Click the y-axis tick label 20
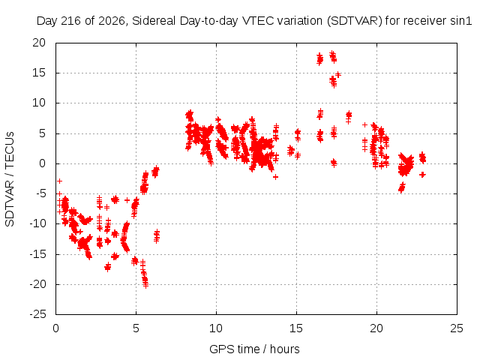click(x=39, y=43)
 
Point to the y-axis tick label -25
click(x=38, y=314)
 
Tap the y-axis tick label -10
click(x=38, y=223)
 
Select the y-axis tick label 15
click(x=39, y=73)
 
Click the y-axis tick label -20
click(x=38, y=284)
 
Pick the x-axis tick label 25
click(x=457, y=328)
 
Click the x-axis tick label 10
click(x=216, y=328)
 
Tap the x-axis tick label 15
click(x=296, y=328)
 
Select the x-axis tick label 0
click(x=55, y=328)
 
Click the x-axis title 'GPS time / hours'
click(x=254, y=349)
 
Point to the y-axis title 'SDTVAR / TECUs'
click(x=10, y=179)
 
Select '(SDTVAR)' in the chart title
click(x=355, y=21)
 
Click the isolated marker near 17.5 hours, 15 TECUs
click(x=338, y=74)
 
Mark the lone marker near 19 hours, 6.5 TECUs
click(x=364, y=125)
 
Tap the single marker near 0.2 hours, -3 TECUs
click(x=60, y=181)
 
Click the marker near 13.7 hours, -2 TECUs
click(x=275, y=177)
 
